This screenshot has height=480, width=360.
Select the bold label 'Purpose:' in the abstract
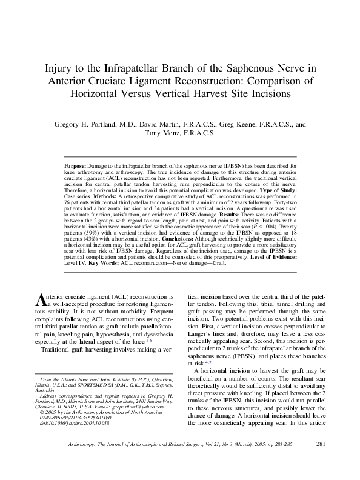point(76,165)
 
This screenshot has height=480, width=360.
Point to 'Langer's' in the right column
point(202,341)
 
